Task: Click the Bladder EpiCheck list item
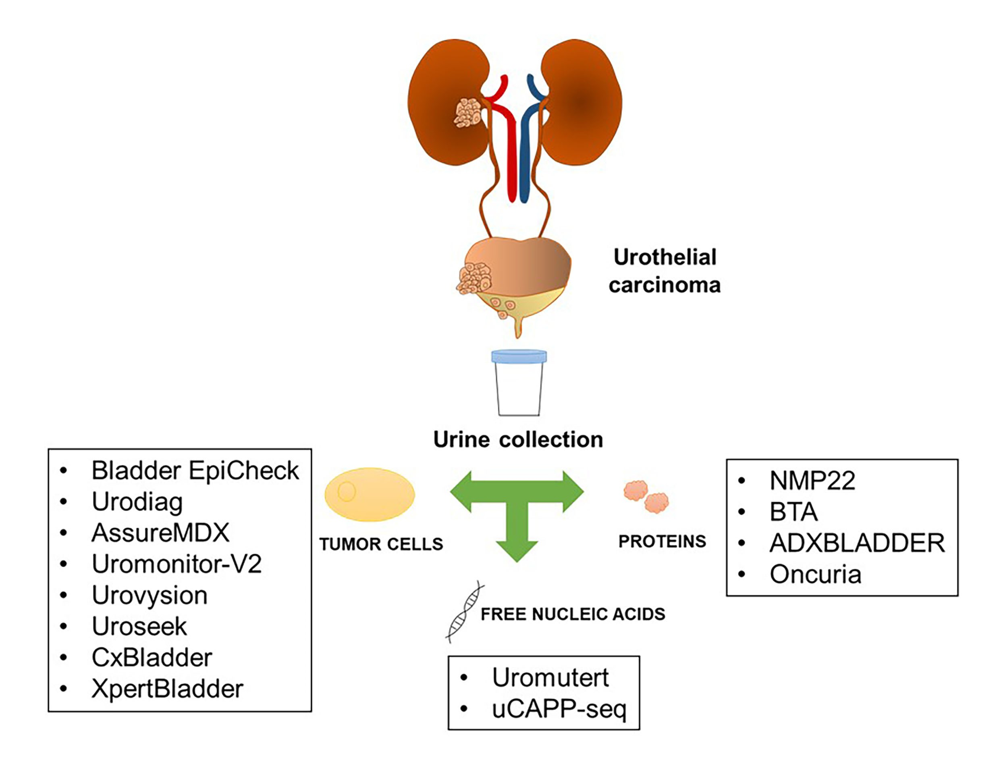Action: point(195,470)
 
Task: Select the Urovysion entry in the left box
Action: point(150,595)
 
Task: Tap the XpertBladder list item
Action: point(167,688)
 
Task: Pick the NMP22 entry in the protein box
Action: point(812,481)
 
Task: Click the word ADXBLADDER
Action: point(857,543)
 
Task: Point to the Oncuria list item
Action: point(815,574)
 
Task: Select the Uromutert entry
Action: point(550,677)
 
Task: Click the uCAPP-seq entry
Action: point(559,709)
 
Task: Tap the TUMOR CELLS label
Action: point(381,544)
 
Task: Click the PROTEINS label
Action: point(662,541)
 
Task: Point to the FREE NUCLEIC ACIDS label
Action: point(573,614)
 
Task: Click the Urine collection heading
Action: point(518,439)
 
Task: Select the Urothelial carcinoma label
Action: point(665,271)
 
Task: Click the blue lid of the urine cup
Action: point(519,356)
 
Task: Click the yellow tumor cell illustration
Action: point(370,494)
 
